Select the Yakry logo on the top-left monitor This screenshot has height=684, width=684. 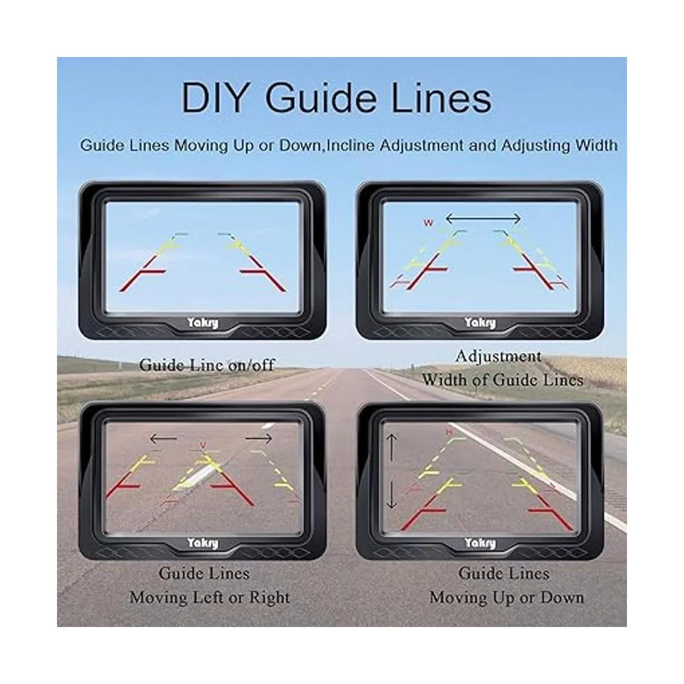click(203, 323)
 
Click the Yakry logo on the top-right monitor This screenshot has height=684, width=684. click(480, 323)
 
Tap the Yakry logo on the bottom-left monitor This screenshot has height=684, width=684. click(203, 543)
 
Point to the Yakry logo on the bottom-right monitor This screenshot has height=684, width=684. click(480, 543)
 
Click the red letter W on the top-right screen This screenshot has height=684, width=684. click(429, 222)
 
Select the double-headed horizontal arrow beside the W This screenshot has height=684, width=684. click(483, 219)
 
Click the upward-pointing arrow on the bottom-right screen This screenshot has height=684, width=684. click(392, 447)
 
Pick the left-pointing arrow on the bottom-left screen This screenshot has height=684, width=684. click(163, 439)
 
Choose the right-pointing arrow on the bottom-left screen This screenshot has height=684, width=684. click(259, 439)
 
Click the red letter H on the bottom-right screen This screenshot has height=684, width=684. click(449, 432)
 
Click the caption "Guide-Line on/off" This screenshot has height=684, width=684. click(207, 365)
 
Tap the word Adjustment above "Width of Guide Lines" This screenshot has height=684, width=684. click(499, 357)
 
